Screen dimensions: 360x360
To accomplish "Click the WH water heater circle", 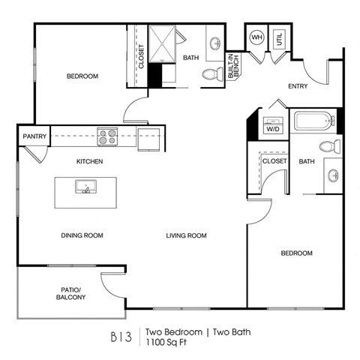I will click(257, 37).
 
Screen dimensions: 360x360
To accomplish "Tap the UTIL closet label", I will click(279, 39).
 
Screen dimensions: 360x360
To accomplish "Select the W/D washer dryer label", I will click(271, 128).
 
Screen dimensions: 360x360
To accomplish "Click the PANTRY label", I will click(34, 136).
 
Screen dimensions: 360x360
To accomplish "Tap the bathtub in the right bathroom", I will click(313, 120).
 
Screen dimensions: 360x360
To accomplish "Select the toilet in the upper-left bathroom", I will click(211, 75).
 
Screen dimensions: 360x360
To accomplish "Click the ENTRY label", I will click(298, 86).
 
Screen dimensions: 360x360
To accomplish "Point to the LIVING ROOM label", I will click(186, 235).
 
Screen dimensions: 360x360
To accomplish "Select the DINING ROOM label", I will click(82, 235).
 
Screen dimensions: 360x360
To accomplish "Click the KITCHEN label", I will click(89, 161).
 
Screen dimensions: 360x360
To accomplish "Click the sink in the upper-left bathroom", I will click(215, 42).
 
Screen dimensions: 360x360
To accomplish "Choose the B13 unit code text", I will click(121, 336).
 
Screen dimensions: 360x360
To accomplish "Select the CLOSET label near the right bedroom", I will click(274, 160).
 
